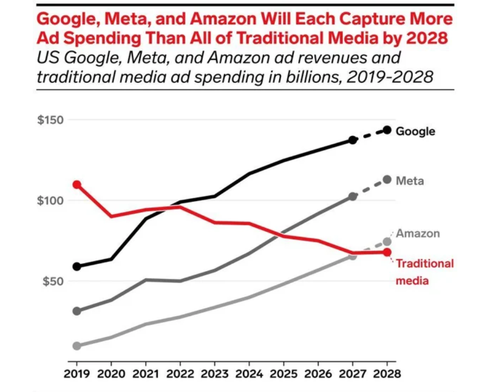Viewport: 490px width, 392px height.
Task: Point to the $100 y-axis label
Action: [x=50, y=201]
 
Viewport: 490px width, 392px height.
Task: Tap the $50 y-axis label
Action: [x=53, y=282]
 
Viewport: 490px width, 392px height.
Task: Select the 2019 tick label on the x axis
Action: [x=76, y=373]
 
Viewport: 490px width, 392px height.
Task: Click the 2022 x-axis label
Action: [x=180, y=373]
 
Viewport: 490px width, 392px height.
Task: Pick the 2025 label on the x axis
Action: [x=284, y=373]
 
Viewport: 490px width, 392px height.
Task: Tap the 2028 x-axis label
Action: [x=387, y=373]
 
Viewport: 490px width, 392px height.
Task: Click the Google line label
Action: [x=416, y=131]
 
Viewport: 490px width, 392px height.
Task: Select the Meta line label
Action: [x=410, y=181]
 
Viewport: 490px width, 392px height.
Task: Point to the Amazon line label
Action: [x=418, y=233]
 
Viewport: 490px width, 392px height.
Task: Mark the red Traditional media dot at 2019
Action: [x=76, y=185]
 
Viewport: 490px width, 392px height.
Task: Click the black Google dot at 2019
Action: [x=76, y=267]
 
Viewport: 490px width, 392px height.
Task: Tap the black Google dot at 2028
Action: [x=387, y=130]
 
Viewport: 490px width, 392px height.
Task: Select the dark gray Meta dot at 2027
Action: [x=352, y=196]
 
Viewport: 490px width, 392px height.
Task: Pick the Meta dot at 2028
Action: [x=387, y=180]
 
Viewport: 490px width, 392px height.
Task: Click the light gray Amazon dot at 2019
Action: [x=76, y=346]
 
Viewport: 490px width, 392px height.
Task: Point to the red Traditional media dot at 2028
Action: [x=387, y=252]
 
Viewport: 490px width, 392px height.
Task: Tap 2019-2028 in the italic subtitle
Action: [x=392, y=77]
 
